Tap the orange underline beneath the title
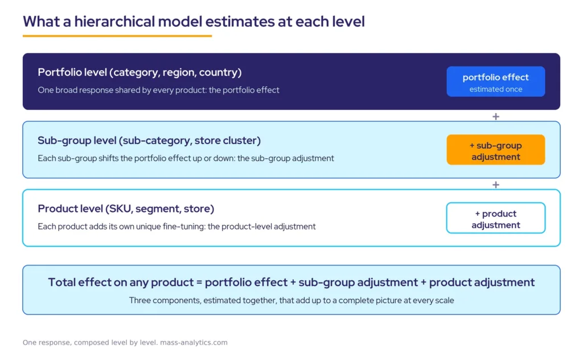(x=117, y=36)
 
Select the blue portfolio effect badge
(x=496, y=81)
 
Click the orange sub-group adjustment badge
(x=496, y=149)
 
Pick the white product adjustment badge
(x=496, y=218)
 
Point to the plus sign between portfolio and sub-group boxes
(x=496, y=116)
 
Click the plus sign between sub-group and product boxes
(x=496, y=185)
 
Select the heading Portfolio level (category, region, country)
(x=140, y=72)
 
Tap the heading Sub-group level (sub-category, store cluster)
(x=149, y=141)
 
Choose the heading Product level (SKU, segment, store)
(x=126, y=208)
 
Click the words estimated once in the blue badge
(x=496, y=89)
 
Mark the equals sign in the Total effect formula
(x=199, y=283)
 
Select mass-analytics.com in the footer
(x=194, y=342)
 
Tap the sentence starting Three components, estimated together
(x=291, y=301)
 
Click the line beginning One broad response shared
(x=158, y=90)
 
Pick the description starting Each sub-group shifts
(x=186, y=158)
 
